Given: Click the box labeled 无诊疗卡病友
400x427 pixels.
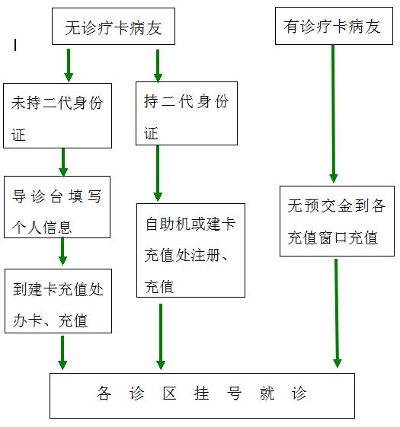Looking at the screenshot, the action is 114,26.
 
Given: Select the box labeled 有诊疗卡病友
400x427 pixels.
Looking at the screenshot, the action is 334,26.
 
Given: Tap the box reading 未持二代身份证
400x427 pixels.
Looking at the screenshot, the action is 58,116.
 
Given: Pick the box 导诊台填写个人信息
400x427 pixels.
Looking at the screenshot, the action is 57,207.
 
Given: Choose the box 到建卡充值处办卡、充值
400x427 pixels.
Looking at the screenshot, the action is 59,301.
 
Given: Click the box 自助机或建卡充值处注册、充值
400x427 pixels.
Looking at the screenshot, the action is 191,250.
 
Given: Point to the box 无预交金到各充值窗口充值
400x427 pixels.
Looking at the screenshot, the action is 337,221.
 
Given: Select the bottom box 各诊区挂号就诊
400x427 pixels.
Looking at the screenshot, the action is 203,396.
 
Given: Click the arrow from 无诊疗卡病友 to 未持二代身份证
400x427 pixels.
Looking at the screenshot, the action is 69,65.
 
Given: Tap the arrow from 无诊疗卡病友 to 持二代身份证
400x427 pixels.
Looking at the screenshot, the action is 158,65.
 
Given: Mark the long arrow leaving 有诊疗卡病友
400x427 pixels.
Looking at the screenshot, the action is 333,113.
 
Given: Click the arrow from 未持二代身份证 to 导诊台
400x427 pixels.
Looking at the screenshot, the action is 63,163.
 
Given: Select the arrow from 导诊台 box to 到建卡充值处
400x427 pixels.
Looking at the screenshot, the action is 62,251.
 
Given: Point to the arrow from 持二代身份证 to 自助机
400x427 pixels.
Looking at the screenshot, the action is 158,174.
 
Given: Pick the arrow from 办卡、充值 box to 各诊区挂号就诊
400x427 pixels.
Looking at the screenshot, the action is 62,352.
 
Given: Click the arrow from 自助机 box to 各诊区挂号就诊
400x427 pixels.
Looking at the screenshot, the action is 161,337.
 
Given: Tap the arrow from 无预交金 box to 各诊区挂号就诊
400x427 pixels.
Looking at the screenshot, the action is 337,313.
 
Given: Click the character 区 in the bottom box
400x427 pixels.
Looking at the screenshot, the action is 170,394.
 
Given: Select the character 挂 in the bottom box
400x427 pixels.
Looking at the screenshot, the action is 202,394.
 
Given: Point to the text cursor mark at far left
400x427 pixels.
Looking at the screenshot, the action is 15,45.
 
